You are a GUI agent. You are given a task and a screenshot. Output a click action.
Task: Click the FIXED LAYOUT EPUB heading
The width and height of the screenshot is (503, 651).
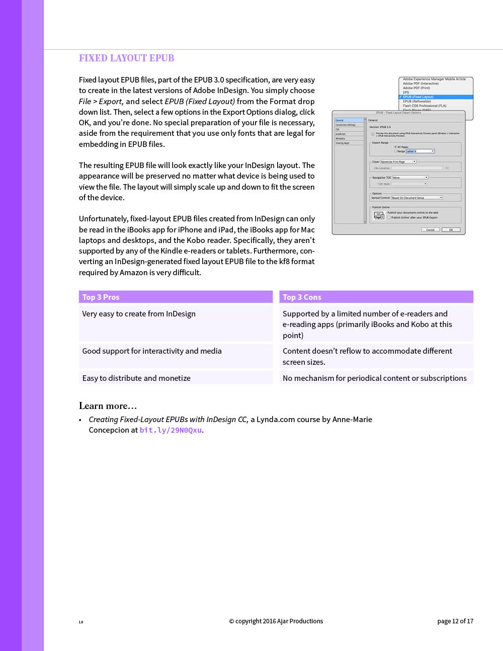coord(126,58)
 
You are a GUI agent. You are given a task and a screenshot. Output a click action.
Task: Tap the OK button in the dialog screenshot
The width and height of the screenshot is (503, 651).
coord(451,230)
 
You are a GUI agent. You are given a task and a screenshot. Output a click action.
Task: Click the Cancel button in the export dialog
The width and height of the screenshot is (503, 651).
coord(430,230)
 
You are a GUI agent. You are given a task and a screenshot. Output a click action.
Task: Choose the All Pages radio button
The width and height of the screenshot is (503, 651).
coord(395,147)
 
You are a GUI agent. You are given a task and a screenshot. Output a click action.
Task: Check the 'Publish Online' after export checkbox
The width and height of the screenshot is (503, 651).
coord(389,217)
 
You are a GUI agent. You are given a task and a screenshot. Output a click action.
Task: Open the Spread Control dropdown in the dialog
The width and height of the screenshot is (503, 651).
coord(417,198)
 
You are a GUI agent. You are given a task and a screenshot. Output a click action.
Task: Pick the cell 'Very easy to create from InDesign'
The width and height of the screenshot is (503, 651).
coord(139,314)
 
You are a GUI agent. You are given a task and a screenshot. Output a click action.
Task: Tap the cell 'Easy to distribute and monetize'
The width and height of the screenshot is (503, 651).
coord(136,378)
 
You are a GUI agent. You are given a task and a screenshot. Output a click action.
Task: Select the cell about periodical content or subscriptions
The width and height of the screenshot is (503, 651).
coord(375,378)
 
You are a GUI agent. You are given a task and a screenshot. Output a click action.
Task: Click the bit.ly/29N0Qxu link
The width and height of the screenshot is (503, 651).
coord(171,430)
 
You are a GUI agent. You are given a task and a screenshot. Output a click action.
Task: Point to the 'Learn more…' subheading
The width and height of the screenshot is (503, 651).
coord(108,406)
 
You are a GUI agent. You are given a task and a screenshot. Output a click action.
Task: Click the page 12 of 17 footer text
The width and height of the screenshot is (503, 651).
coord(455,621)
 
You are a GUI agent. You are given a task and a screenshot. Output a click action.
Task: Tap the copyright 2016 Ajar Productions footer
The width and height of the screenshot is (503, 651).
coord(276,621)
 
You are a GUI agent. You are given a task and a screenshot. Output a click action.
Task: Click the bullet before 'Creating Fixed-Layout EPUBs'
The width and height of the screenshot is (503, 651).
coord(80,420)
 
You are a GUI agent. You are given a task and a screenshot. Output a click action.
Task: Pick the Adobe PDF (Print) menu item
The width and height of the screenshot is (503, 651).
coord(416,88)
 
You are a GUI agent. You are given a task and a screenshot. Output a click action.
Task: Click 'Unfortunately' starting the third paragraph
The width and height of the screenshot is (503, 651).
coord(103,219)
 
